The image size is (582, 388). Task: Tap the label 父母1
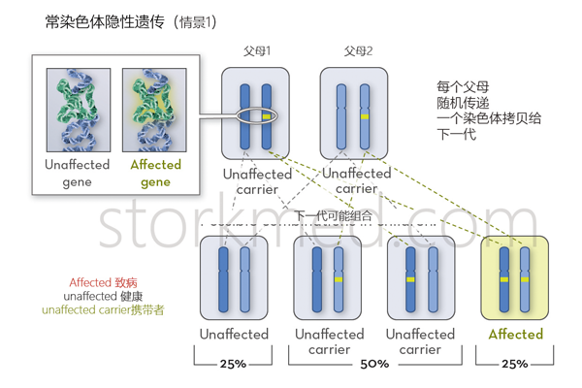coord(257,50)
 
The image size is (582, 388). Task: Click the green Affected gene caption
coord(155,173)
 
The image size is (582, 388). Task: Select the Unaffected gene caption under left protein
coord(77,173)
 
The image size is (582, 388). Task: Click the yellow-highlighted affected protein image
coord(155,109)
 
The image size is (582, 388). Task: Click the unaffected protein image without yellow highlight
coord(78,109)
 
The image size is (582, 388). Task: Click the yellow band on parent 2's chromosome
coord(366,116)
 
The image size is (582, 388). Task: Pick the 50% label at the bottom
coord(374,364)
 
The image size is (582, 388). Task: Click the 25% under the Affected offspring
coord(515,364)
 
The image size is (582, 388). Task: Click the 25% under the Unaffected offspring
coord(234,364)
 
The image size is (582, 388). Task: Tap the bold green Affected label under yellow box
coord(515,335)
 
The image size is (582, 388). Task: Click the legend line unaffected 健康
coord(103,296)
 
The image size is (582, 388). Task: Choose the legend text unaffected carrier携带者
coord(103,310)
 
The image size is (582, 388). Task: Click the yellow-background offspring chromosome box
coord(515,277)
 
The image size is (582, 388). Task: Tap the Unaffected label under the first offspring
coord(234,335)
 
